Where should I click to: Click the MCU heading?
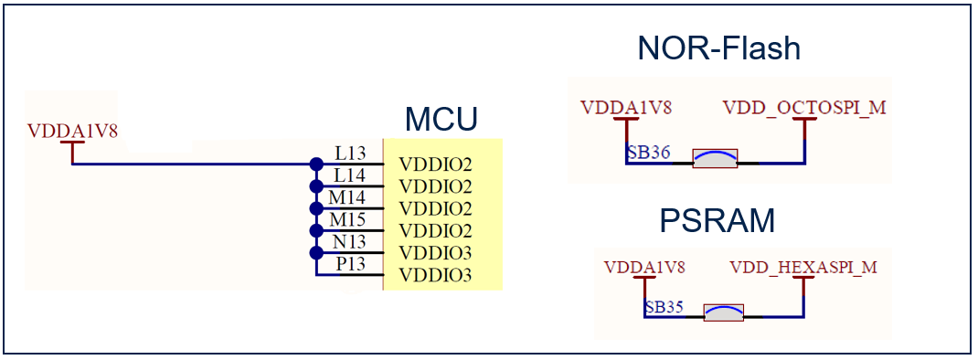point(441,120)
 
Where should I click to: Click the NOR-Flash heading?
point(718,48)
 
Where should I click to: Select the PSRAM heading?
point(718,220)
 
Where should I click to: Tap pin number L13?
point(349,154)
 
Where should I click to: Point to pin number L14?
point(349,175)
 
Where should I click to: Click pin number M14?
point(348,196)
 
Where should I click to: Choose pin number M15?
point(348,218)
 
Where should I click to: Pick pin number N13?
point(349,240)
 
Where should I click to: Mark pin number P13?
point(350,263)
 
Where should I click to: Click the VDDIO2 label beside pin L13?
point(435,165)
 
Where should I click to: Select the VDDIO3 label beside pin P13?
point(435,274)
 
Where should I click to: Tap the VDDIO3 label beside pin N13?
point(435,252)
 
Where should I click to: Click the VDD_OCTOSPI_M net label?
point(803,108)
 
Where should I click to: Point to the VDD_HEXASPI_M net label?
point(803,268)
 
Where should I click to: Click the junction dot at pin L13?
point(316,164)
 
